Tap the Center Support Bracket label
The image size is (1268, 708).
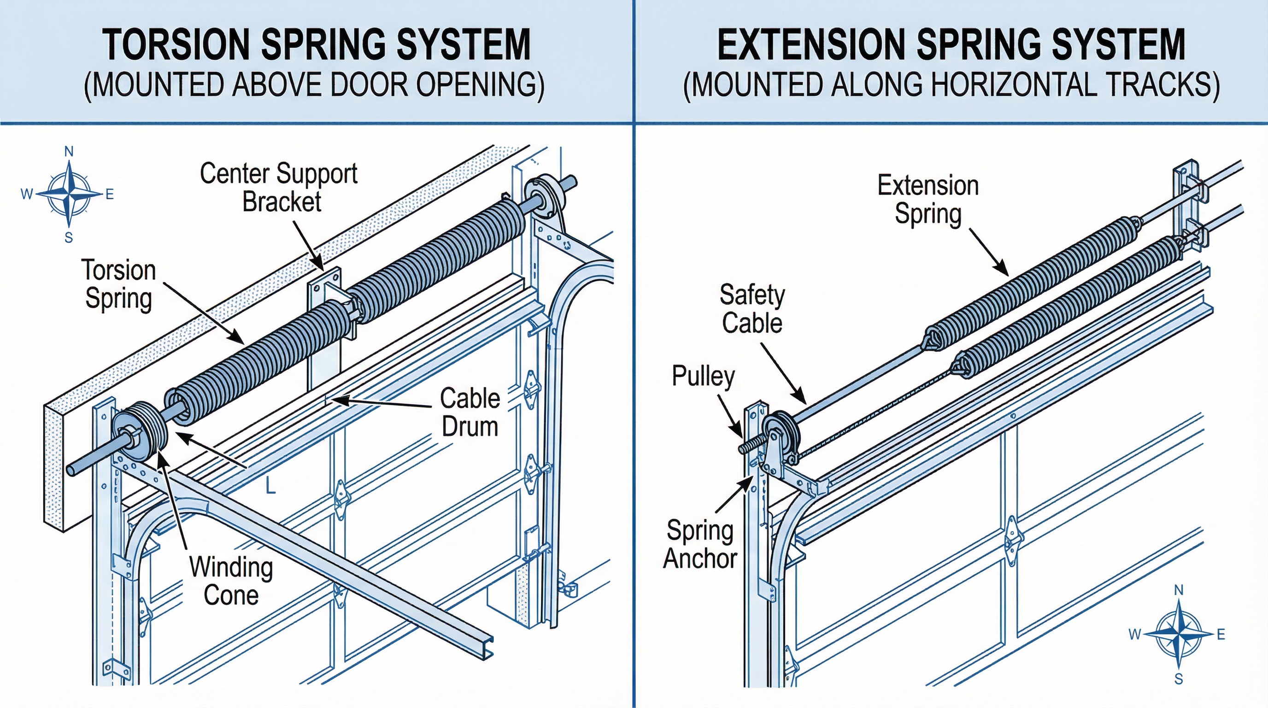(x=279, y=188)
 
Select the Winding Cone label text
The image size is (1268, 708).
(x=231, y=581)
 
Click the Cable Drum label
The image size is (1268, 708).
(x=470, y=412)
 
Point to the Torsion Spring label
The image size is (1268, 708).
(x=118, y=284)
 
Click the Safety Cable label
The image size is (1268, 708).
(x=751, y=309)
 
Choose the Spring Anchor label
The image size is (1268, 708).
(x=700, y=544)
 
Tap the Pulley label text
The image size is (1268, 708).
(x=703, y=376)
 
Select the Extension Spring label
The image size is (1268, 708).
(x=928, y=200)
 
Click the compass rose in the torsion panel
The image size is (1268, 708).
(x=70, y=194)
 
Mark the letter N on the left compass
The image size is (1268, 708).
(x=70, y=152)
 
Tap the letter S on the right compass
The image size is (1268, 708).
(x=1179, y=679)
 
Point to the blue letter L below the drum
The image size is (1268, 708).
(x=270, y=486)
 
